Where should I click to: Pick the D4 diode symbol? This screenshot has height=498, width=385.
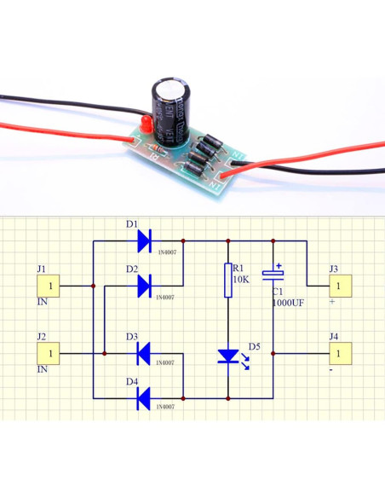tap(143, 397)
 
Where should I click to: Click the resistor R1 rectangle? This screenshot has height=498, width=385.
tap(228, 281)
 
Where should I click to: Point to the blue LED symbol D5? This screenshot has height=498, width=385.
tap(228, 355)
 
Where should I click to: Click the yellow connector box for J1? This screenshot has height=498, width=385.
tap(52, 286)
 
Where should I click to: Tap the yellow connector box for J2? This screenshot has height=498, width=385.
tap(52, 352)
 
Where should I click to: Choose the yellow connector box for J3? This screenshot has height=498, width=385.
tap(338, 286)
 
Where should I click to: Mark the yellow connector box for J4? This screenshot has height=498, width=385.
tap(338, 352)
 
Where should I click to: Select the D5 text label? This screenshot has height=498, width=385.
tap(254, 346)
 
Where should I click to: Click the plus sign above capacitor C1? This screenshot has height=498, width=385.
tap(279, 266)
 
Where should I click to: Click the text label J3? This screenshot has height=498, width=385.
tap(334, 269)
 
